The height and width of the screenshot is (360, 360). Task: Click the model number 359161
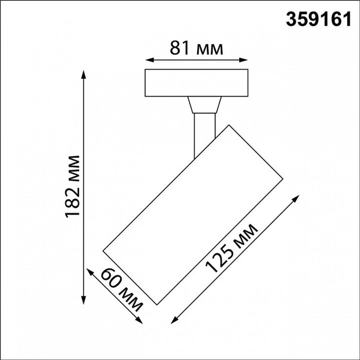(x=318, y=20)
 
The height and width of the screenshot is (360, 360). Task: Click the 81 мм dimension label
(x=197, y=49)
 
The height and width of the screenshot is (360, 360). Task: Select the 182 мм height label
(x=72, y=186)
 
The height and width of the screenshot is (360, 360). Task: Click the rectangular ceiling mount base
(x=196, y=83)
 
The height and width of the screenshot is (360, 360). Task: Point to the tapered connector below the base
(x=204, y=105)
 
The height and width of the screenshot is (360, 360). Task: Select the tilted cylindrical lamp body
(x=193, y=214)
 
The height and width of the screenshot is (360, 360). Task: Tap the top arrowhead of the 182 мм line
(x=84, y=74)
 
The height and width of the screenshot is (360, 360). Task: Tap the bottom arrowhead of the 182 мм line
(x=84, y=302)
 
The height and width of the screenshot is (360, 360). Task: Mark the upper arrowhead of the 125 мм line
(x=297, y=198)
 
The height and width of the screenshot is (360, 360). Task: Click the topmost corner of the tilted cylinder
(x=229, y=125)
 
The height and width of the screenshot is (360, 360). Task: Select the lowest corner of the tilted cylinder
(x=157, y=305)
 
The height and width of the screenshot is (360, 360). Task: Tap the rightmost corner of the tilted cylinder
(x=283, y=178)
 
